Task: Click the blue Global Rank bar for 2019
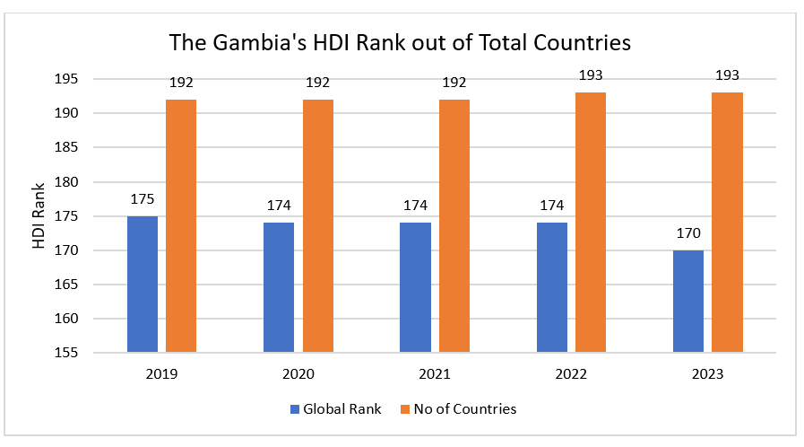point(143,284)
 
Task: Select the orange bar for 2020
point(318,225)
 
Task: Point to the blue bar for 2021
point(415,287)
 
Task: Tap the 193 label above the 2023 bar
point(727,75)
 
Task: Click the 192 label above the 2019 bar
point(181,83)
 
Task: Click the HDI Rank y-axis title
point(39,216)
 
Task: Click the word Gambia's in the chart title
point(260,42)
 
